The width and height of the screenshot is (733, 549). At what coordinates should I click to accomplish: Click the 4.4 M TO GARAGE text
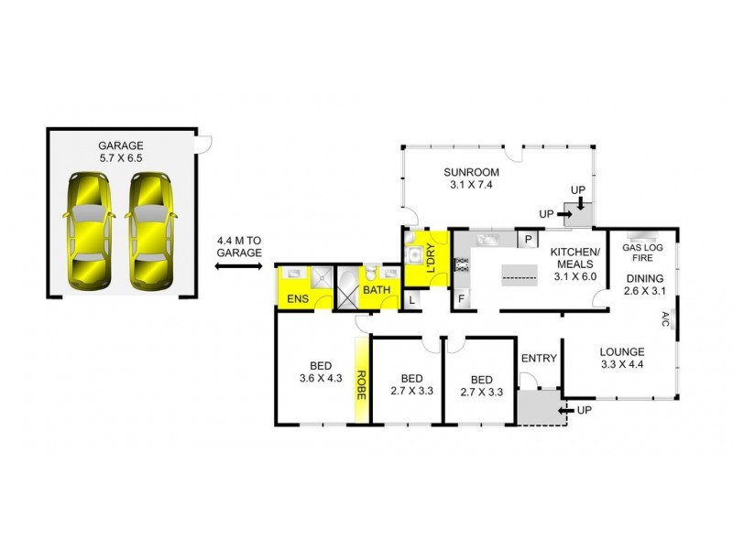[239, 246]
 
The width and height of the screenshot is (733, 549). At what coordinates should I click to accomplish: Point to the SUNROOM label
[469, 178]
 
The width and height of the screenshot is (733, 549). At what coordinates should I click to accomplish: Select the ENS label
[298, 298]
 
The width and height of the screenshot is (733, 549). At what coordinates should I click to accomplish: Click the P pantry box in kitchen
[529, 240]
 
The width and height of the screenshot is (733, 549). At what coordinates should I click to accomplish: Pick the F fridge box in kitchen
[460, 298]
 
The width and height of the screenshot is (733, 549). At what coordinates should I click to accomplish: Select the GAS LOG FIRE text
[642, 253]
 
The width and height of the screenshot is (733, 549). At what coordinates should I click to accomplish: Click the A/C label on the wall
[665, 319]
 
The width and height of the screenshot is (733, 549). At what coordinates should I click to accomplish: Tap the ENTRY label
[538, 358]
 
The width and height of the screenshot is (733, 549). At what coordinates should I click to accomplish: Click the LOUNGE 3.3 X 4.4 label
[622, 358]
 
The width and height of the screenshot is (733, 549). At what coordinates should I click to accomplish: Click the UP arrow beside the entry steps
[578, 410]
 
